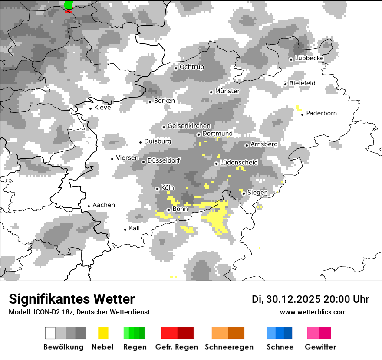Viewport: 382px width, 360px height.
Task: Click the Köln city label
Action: click(168, 188)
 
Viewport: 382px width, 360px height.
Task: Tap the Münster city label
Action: click(227, 91)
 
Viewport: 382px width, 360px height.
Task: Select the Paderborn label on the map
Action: click(321, 113)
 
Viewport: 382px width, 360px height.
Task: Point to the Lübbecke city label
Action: click(309, 58)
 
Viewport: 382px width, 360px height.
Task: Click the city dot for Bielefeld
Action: click(286, 84)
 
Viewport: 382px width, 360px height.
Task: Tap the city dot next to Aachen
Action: click(89, 206)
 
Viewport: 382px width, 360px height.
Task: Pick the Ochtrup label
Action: click(191, 67)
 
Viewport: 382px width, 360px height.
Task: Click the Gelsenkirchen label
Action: click(189, 126)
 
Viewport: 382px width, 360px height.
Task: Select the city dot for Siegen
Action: click(244, 193)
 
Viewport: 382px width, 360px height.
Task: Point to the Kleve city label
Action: click(102, 108)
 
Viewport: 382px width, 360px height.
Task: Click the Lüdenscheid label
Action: click(239, 163)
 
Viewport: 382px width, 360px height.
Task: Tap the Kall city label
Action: click(135, 228)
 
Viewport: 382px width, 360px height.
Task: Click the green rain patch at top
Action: click(69, 5)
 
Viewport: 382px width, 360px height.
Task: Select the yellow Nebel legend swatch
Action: click(103, 333)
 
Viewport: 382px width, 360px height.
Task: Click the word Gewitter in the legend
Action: click(320, 347)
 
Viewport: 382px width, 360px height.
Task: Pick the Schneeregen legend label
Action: click(229, 347)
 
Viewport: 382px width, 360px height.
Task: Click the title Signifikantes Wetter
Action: click(72, 299)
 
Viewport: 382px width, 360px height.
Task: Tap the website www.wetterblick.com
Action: click(313, 312)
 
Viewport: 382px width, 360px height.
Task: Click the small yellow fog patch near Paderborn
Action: click(298, 108)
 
